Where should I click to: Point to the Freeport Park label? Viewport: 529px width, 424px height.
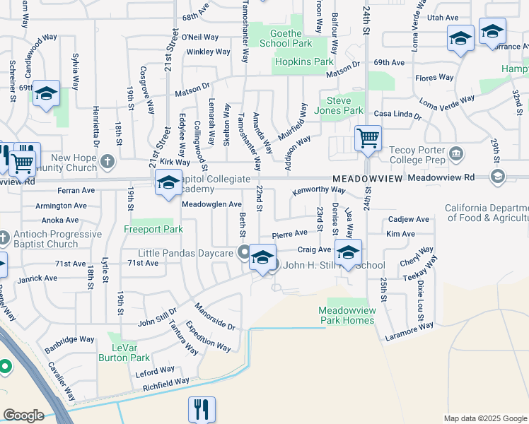(153, 229)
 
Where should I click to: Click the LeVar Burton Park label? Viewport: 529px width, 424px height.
(129, 353)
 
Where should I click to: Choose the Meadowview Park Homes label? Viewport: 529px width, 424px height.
(346, 315)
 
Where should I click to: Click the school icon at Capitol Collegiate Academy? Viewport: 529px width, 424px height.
(168, 184)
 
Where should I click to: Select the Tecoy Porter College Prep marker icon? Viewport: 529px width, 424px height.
(456, 153)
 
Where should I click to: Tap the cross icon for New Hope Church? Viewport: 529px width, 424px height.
(107, 162)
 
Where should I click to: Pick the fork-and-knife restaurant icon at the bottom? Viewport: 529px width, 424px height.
(202, 408)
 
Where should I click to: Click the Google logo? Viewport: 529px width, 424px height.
(23, 416)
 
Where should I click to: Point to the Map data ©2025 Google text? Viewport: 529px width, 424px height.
(484, 418)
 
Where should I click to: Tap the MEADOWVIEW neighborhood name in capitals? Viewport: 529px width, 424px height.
(368, 179)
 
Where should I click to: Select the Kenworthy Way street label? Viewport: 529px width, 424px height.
(318, 190)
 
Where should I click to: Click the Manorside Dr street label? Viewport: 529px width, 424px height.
(215, 316)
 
